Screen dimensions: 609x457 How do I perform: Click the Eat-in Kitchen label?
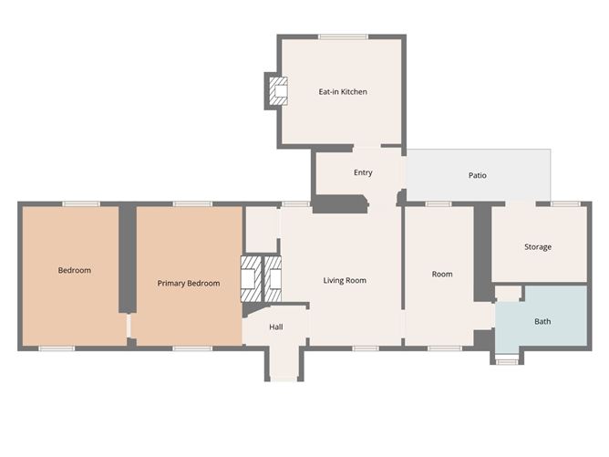[343, 92]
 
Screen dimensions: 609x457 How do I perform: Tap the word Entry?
[363, 172]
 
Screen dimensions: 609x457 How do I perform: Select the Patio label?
[478, 175]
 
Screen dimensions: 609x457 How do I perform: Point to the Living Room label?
[345, 280]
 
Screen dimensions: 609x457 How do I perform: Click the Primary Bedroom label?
[189, 284]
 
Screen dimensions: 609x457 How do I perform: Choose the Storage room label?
[538, 247]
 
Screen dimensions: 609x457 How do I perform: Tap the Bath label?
[542, 321]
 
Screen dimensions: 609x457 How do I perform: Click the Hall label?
[275, 327]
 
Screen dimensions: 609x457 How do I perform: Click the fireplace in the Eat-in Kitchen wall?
[278, 91]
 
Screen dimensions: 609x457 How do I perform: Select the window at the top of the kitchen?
[343, 36]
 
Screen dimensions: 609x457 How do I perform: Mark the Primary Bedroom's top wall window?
[192, 204]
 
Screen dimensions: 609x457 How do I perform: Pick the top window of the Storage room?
[564, 204]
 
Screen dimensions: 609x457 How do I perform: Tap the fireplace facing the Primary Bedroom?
[251, 278]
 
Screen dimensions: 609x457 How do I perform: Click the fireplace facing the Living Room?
[273, 278]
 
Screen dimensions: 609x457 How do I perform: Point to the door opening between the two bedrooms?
[129, 326]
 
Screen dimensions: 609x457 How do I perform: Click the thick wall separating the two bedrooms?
[127, 258]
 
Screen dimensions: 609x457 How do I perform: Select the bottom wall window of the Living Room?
[366, 348]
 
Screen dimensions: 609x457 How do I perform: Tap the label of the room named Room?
[442, 274]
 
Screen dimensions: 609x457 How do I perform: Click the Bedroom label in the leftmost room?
[74, 270]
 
